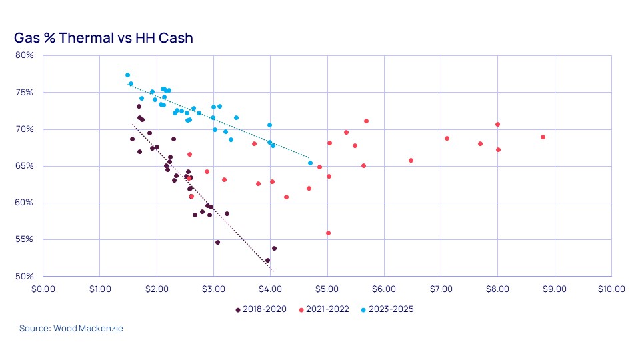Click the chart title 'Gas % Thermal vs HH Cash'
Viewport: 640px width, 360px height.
point(103,38)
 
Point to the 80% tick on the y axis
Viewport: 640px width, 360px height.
point(25,55)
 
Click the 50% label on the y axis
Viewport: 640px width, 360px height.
point(25,276)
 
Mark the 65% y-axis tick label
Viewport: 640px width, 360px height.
point(25,166)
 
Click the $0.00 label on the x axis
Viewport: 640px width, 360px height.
point(43,289)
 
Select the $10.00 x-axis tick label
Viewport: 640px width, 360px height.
point(611,289)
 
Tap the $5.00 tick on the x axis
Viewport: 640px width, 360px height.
point(327,289)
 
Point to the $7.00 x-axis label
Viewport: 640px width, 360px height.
point(441,289)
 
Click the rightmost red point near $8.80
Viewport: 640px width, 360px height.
point(543,137)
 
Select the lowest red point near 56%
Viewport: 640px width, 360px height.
point(328,233)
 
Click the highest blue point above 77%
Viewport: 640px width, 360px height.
point(127,75)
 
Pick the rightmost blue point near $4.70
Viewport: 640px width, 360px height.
point(310,163)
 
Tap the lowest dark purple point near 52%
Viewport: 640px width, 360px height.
point(267,261)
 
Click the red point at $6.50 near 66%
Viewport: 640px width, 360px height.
point(411,161)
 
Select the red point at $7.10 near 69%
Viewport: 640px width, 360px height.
point(447,139)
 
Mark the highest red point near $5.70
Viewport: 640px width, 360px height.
point(366,121)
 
